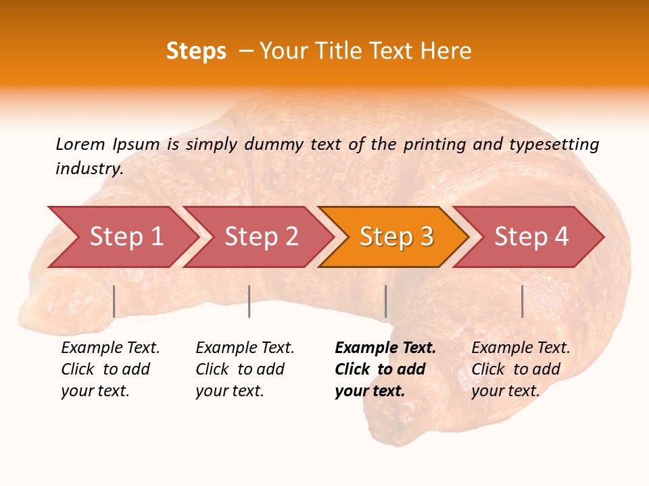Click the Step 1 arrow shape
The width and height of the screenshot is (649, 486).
126,237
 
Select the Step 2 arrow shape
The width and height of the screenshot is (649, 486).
261,237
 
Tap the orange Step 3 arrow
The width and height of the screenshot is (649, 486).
395,237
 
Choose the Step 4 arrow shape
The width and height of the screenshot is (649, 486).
531,237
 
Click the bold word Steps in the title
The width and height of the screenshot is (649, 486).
196,51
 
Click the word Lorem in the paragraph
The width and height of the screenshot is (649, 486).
80,144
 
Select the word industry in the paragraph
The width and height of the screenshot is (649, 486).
89,169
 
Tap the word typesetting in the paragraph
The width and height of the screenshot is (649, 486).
554,144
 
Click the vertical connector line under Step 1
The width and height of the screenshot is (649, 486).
114,301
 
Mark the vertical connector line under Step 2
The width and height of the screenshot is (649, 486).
249,301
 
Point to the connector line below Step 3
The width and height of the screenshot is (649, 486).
385,301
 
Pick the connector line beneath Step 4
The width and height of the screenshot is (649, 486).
522,301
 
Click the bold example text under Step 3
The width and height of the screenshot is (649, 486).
385,369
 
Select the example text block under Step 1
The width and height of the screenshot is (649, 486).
110,369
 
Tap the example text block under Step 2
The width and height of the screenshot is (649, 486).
245,369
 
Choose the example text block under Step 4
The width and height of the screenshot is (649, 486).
521,369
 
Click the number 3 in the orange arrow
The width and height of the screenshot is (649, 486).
426,237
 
